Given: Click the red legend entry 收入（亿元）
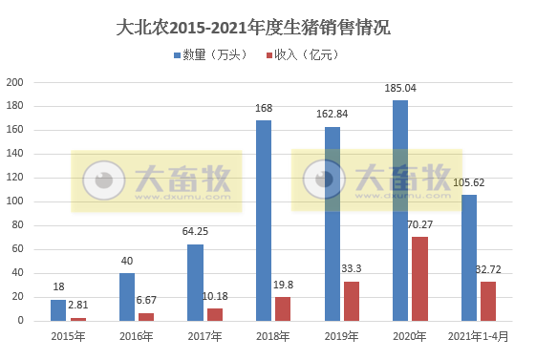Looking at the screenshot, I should [305, 54].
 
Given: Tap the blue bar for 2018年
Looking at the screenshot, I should [264, 221].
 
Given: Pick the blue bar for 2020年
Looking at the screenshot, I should [400, 210].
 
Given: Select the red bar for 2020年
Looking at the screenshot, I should [419, 278].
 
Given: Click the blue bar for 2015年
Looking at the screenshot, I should [58, 309].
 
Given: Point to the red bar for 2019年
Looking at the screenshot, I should [352, 300].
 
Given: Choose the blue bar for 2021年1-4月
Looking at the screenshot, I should [469, 257].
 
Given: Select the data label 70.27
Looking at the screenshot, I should [421, 225].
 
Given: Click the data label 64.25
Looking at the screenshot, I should [195, 233].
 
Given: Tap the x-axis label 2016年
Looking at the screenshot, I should [137, 336].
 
